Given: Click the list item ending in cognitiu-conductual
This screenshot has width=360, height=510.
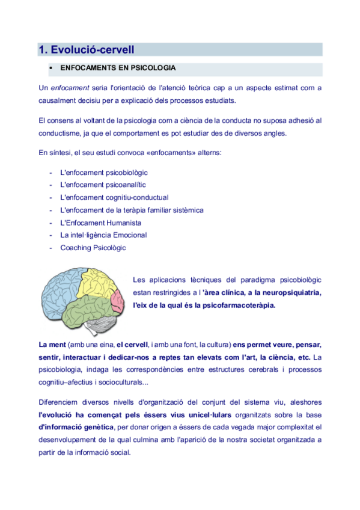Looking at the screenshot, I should pos(114,197).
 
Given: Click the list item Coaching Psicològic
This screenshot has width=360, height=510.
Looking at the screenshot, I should pos(93,247).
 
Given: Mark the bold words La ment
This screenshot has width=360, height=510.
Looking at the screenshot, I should pos(52,345).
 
